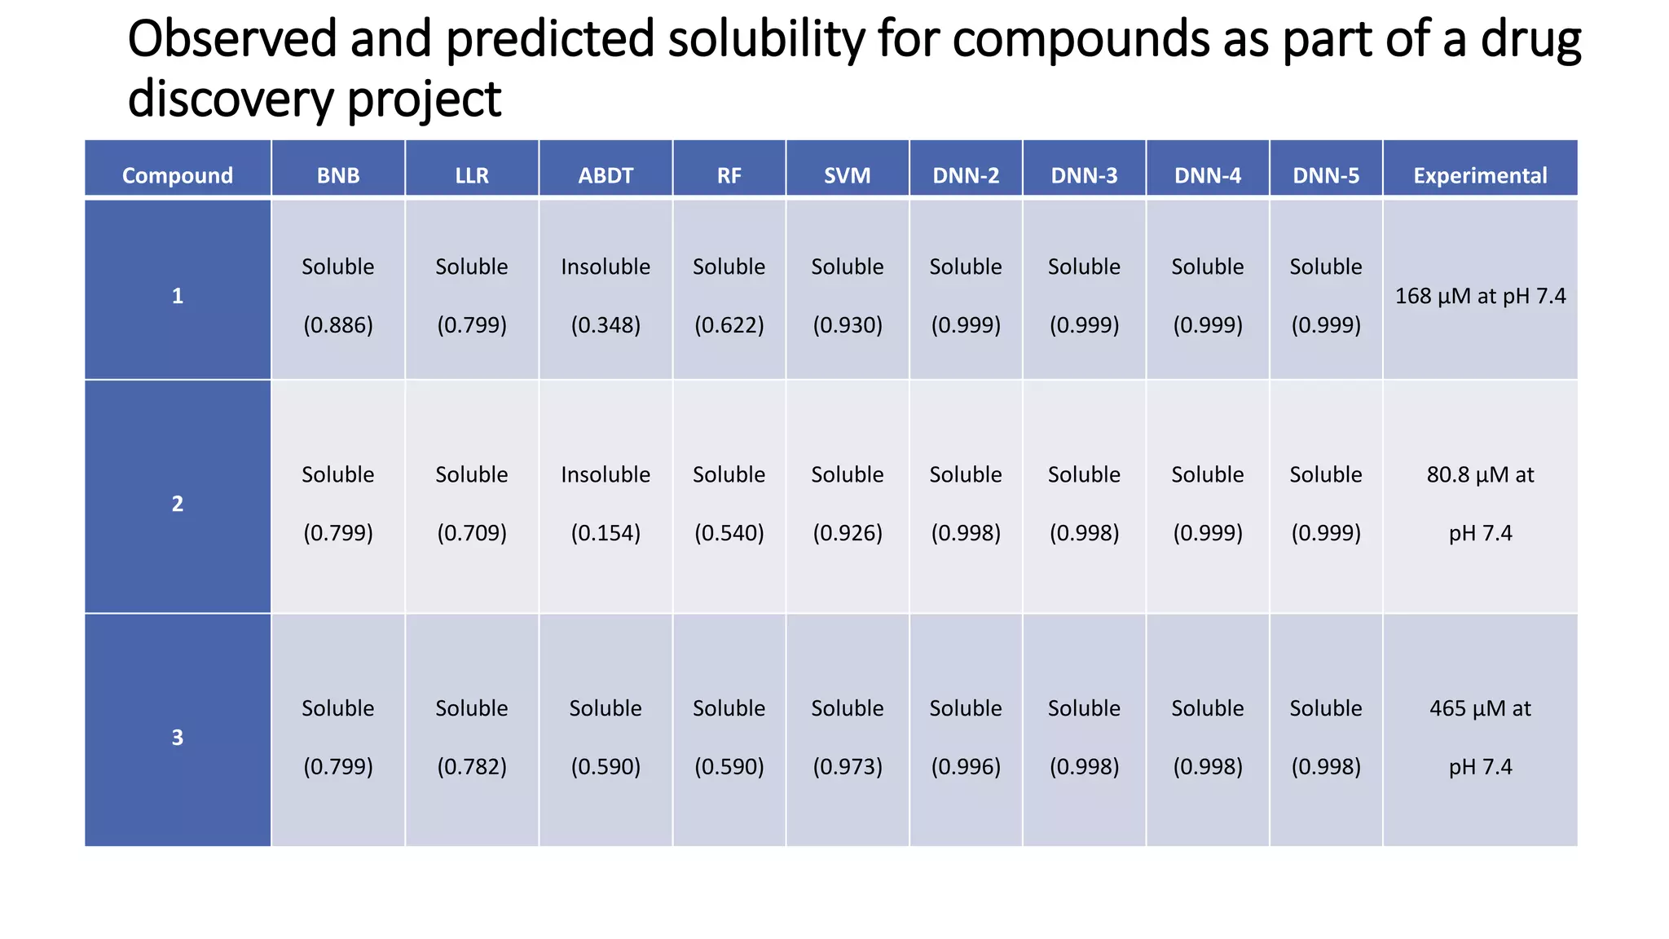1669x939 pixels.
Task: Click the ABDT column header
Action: pos(606,175)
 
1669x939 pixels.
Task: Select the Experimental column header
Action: pos(1480,175)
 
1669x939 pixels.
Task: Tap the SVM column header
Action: pos(847,175)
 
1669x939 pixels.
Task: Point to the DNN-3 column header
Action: pos(1084,175)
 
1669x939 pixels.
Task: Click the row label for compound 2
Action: pos(178,504)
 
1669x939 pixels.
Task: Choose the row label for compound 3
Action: pos(178,738)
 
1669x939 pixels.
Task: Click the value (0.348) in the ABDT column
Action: pos(606,325)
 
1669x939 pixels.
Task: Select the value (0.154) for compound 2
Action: pos(606,533)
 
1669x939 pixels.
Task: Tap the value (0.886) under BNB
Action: pos(338,325)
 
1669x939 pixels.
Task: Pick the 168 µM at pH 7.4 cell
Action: pos(1480,296)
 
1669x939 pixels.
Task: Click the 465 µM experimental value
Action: pos(1480,708)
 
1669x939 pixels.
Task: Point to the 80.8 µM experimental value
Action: pos(1480,474)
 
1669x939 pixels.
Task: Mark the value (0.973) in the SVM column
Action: pos(848,767)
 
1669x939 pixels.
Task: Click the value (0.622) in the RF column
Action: pos(729,325)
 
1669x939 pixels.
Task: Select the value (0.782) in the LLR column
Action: pos(472,767)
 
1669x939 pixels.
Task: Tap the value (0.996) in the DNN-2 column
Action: pos(966,767)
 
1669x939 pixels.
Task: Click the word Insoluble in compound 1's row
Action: pos(606,267)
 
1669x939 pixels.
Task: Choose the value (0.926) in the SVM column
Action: pos(848,533)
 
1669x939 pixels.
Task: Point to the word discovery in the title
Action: pos(231,99)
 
